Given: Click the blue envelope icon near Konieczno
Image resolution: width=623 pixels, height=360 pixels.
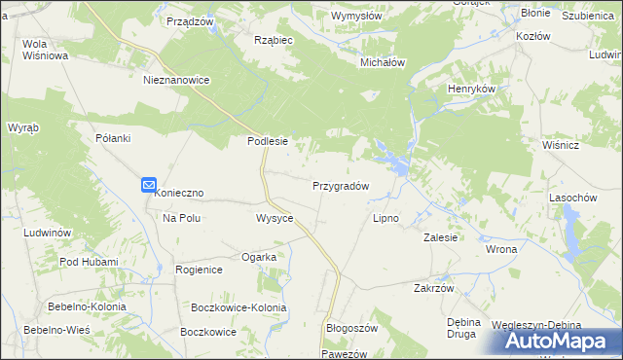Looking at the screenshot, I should point(148,183).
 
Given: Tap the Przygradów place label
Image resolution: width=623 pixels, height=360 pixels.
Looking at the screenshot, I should point(340,185).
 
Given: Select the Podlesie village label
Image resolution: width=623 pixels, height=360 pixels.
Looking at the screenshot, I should point(267,141).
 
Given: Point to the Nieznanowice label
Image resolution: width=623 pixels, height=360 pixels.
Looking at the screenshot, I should point(176,81).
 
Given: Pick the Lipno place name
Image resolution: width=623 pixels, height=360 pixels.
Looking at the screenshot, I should point(386,218).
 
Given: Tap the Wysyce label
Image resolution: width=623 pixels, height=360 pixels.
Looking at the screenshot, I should point(275,218).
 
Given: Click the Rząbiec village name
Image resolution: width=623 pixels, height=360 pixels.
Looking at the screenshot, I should point(274,40).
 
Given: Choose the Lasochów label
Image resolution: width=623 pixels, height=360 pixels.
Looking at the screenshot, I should point(572,198).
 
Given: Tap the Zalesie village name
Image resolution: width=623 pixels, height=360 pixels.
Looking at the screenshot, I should point(441,236).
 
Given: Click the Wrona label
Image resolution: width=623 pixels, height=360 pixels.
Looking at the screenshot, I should point(501,249).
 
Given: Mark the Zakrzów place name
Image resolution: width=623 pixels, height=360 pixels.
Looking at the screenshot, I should point(434,288).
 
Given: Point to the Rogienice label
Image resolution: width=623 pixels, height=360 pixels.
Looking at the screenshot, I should point(199,270).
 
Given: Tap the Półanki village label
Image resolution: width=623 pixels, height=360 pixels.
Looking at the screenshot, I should point(113,138).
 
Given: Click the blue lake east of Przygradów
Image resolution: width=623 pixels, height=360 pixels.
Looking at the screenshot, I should point(389,156).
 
